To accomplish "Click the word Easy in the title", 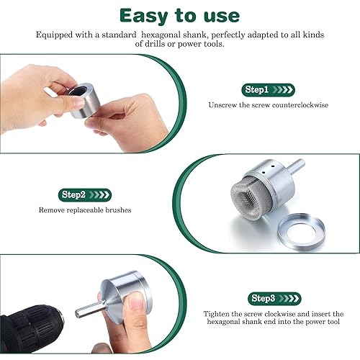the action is [x=143, y=17].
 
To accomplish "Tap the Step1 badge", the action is [x=268, y=90].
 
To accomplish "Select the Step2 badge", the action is [x=85, y=195].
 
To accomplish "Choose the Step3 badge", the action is [x=274, y=299].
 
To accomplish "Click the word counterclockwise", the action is [x=300, y=105].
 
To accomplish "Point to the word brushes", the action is [x=118, y=210].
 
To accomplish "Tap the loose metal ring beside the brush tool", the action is [x=301, y=232].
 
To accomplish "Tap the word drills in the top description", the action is [x=155, y=44].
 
